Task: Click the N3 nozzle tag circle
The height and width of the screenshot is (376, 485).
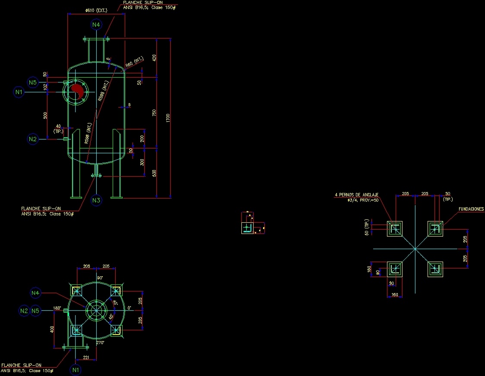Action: [96, 200]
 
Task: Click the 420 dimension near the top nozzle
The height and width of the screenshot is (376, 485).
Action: [154, 58]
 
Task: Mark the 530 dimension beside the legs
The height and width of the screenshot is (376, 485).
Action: [154, 173]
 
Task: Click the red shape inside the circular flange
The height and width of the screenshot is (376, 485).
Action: [78, 91]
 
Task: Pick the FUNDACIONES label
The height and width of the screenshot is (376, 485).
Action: [471, 209]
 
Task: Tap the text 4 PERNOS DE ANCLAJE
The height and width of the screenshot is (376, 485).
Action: [356, 195]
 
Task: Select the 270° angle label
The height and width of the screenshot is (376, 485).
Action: [100, 342]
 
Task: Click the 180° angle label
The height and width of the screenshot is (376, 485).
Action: [57, 308]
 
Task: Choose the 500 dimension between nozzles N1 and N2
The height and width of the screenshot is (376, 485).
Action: [45, 115]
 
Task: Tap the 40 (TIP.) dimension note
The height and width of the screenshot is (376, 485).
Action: [58, 128]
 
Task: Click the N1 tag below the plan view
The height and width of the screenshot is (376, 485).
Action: [76, 370]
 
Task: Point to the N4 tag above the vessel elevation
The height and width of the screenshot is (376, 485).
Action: [96, 25]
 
